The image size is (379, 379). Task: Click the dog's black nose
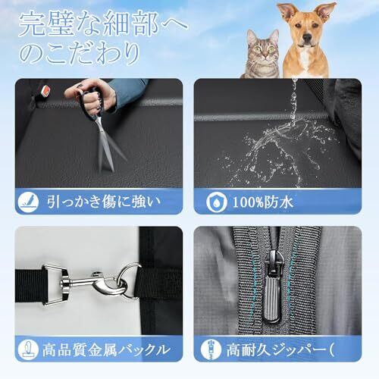pyautogui.click(x=307, y=38)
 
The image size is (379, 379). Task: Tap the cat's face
pyautogui.click(x=263, y=50)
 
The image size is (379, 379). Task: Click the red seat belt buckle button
pyautogui.click(x=46, y=89)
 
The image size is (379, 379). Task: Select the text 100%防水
pyautogui.click(x=263, y=202)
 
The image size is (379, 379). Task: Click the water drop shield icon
pyautogui.click(x=217, y=202)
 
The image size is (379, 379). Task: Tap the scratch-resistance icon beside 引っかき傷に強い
pyautogui.click(x=28, y=202)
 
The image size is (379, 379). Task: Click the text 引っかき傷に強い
pyautogui.click(x=104, y=202)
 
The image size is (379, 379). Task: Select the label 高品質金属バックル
pyautogui.click(x=106, y=350)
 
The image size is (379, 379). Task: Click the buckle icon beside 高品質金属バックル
pyautogui.click(x=28, y=350)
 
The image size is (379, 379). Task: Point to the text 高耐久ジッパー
pyautogui.click(x=276, y=350)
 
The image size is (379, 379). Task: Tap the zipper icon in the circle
pyautogui.click(x=211, y=350)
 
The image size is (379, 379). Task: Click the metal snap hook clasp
pyautogui.click(x=93, y=283)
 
